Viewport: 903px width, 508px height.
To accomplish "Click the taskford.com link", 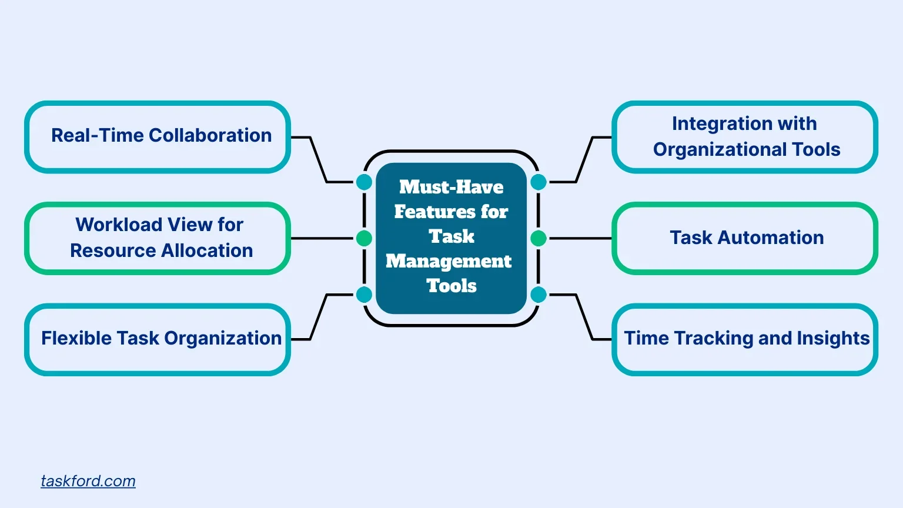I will [88, 481].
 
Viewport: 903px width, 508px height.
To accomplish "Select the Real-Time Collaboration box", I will [158, 137].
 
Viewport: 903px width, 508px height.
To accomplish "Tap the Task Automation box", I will [745, 238].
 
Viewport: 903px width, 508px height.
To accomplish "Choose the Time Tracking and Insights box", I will [745, 339].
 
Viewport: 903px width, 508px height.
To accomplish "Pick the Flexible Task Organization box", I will [158, 339].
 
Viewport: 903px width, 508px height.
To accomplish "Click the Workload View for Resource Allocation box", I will [158, 238].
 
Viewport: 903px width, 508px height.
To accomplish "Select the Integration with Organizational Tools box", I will [745, 137].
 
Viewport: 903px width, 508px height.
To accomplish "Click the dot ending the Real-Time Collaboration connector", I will [364, 182].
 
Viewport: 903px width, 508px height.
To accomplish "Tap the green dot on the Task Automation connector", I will [539, 238].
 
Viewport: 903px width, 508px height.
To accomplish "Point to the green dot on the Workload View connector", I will [364, 238].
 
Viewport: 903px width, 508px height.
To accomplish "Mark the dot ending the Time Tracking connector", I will [539, 295].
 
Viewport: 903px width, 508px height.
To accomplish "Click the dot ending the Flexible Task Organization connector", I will [364, 295].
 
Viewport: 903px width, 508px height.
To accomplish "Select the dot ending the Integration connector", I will [539, 182].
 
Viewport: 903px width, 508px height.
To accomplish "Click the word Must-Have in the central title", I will [451, 187].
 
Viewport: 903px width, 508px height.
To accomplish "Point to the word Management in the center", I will [449, 261].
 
